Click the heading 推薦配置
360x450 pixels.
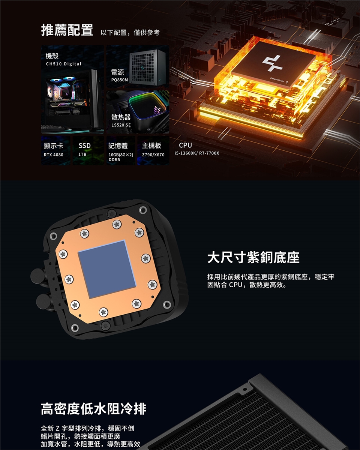[x=67, y=30]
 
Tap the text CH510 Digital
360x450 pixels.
[x=64, y=64]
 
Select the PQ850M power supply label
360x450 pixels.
[x=120, y=80]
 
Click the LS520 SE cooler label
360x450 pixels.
[x=121, y=125]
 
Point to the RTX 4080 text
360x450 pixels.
[x=53, y=155]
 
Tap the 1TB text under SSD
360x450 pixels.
[x=82, y=154]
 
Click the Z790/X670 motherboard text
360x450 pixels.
[x=153, y=155]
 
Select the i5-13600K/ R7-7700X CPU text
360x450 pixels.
[x=197, y=153]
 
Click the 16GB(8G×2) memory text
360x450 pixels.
[x=121, y=155]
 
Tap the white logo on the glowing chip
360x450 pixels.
[x=273, y=63]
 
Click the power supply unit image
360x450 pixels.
[x=147, y=67]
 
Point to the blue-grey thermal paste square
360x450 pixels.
[x=107, y=269]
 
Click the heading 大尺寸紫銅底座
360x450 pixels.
[x=253, y=257]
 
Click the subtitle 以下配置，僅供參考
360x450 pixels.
[x=130, y=32]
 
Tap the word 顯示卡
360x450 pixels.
[x=53, y=146]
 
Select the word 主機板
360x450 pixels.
[x=151, y=146]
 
